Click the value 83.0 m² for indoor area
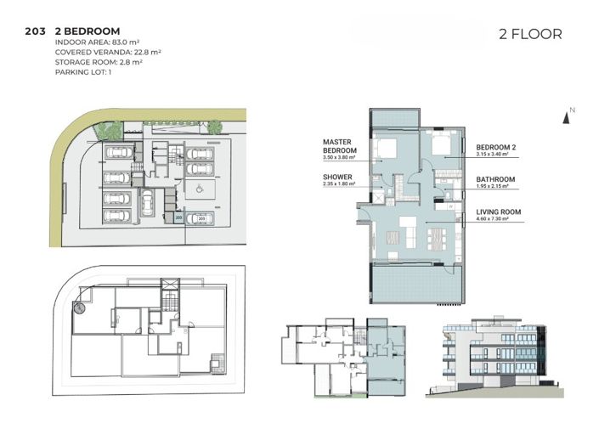pyautogui.click(x=121, y=42)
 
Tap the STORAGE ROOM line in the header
pyautogui.click(x=98, y=61)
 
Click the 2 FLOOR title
pyautogui.click(x=530, y=34)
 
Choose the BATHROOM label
pyautogui.click(x=495, y=179)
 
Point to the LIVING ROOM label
pyautogui.click(x=498, y=211)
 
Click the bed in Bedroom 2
pyautogui.click(x=442, y=144)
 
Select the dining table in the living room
pyautogui.click(x=435, y=231)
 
